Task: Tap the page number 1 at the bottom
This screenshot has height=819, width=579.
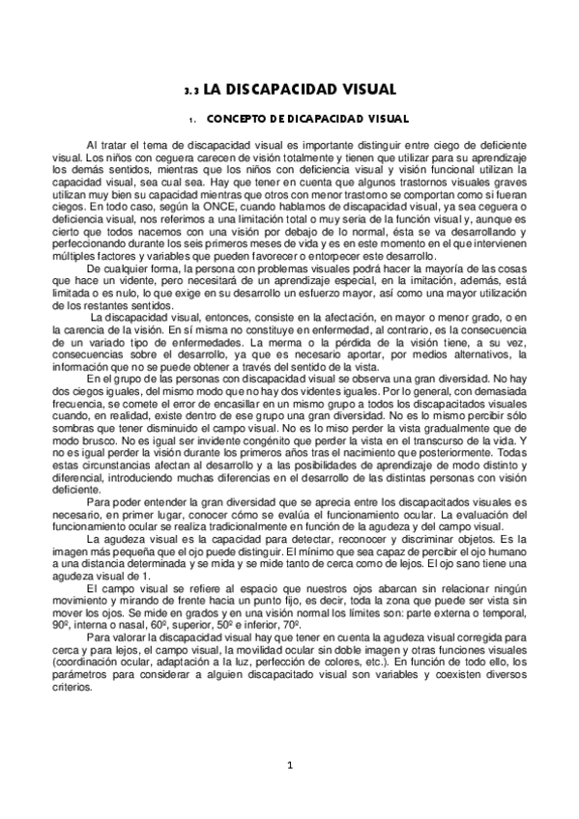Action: click(289, 767)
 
